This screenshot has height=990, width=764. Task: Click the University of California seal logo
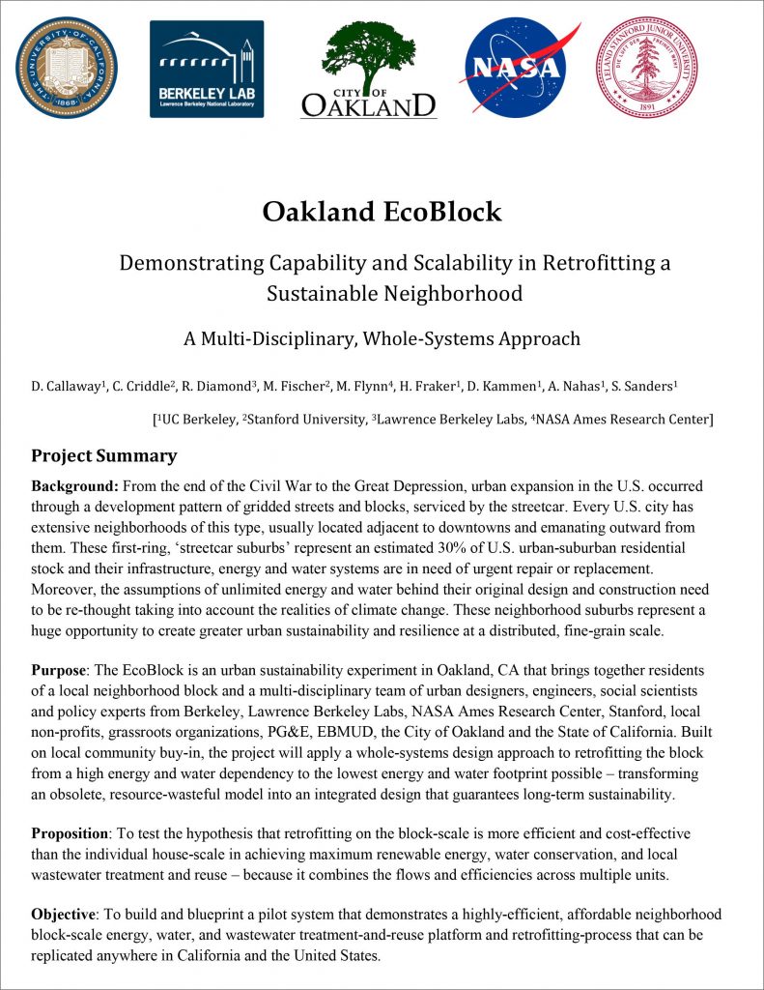pyautogui.click(x=66, y=67)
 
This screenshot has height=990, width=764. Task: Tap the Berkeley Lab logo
pyautogui.click(x=207, y=69)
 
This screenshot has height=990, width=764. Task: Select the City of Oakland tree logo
pyautogui.click(x=368, y=69)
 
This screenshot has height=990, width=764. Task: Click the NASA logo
pyautogui.click(x=522, y=68)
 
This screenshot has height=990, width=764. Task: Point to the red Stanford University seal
pyautogui.click(x=646, y=68)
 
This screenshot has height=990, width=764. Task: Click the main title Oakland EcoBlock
pyautogui.click(x=382, y=211)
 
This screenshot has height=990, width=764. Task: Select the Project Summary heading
pyautogui.click(x=103, y=455)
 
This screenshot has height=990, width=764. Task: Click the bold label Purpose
pyautogui.click(x=62, y=670)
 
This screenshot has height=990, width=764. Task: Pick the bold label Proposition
pyautogui.click(x=72, y=832)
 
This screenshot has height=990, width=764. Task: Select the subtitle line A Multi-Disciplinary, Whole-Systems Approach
pyautogui.click(x=382, y=338)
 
